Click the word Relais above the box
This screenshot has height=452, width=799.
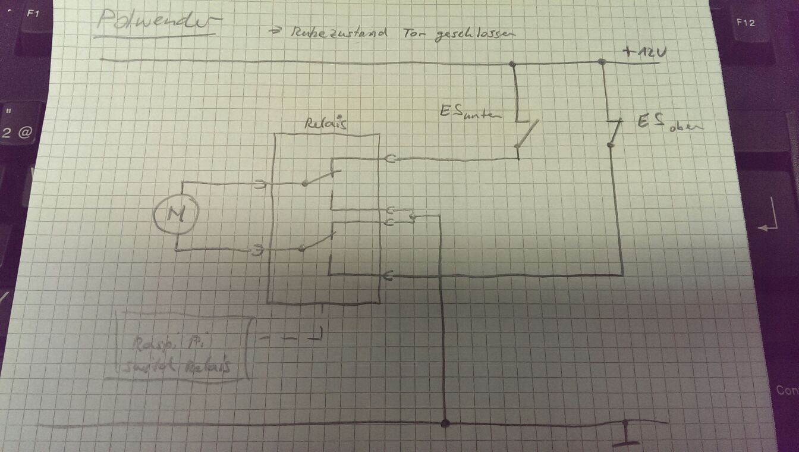(x=326, y=124)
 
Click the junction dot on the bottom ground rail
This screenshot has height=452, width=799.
(x=444, y=423)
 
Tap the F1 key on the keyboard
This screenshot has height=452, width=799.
(x=33, y=12)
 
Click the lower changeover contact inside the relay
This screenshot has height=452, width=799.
(x=317, y=243)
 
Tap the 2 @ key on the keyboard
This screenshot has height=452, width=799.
(x=16, y=132)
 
